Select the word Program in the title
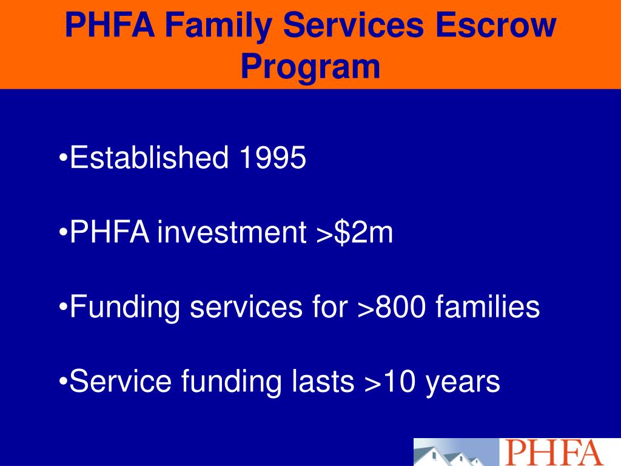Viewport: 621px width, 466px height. pyautogui.click(x=310, y=67)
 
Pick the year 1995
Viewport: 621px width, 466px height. pyautogui.click(x=272, y=158)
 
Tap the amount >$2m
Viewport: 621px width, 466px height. pyautogui.click(x=354, y=233)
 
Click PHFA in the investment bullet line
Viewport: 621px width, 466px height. pyautogui.click(x=110, y=233)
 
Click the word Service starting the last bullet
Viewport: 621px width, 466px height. pyautogui.click(x=121, y=382)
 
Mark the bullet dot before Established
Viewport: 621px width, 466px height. pyautogui.click(x=64, y=160)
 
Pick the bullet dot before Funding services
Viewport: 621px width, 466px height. pyautogui.click(x=64, y=308)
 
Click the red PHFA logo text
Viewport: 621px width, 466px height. pyautogui.click(x=552, y=453)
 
